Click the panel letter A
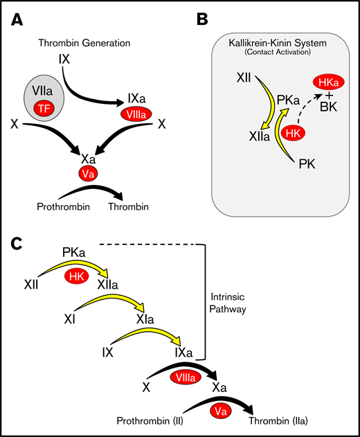tap(18, 21)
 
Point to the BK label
tap(321, 107)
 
